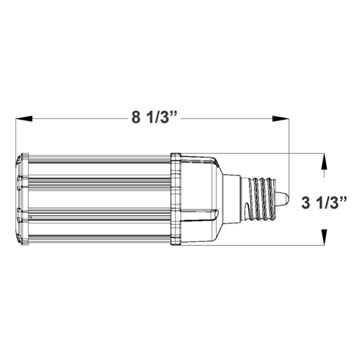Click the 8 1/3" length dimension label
(155, 117)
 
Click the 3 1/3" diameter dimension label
(324, 203)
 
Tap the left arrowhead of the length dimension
(24, 119)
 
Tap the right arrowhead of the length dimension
(280, 119)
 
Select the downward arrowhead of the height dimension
(324, 237)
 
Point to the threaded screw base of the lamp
(262, 199)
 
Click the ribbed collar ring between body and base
(176, 199)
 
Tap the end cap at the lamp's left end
(22, 199)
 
